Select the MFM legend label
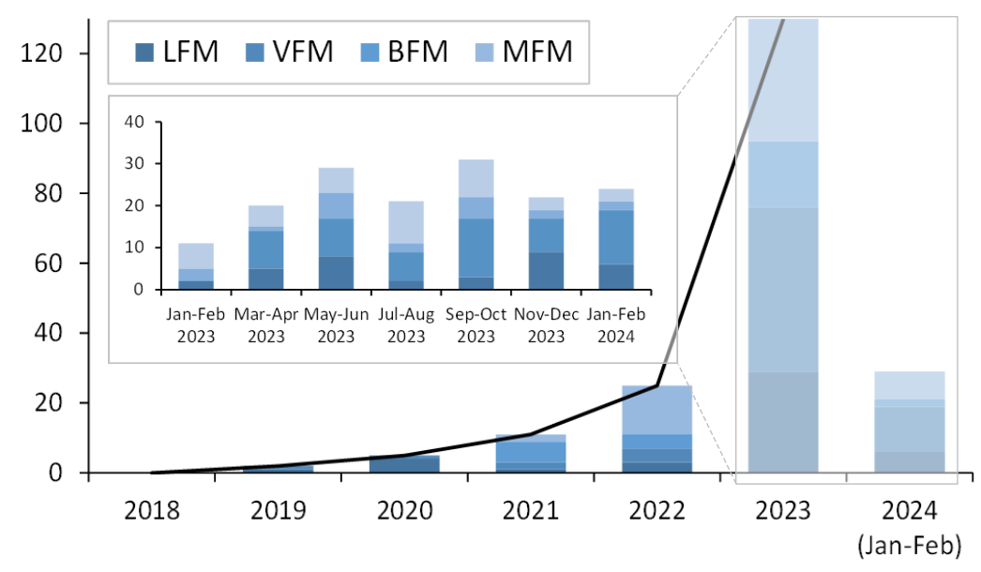[x=537, y=51]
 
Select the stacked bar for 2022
[x=657, y=429]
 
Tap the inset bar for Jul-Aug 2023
[x=405, y=246]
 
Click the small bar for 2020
[x=404, y=463]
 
